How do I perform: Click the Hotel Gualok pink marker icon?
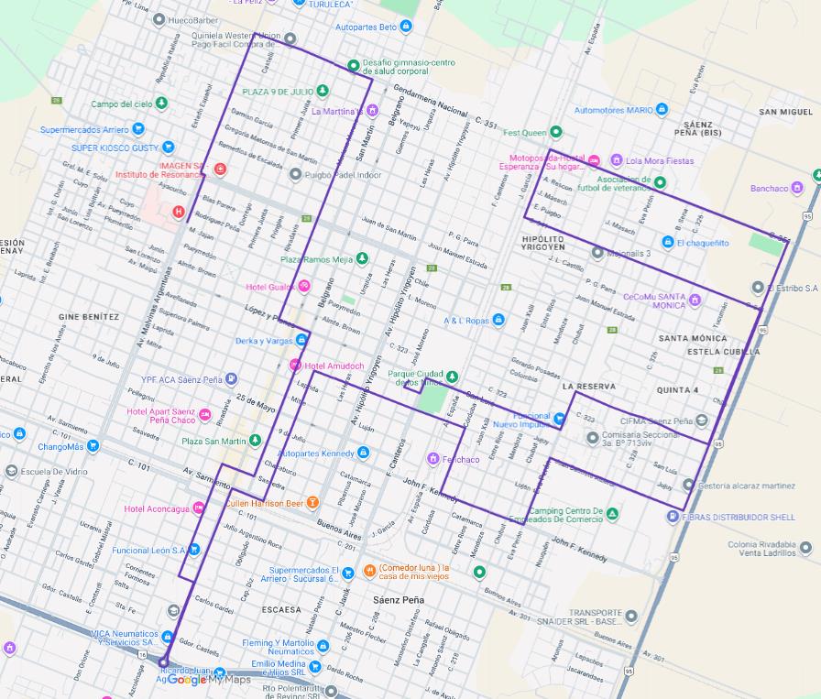point(304,287)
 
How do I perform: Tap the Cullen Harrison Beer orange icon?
point(312,502)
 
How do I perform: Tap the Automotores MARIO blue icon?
point(662,110)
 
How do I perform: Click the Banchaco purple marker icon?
point(798,188)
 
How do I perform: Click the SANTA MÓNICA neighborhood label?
point(692,338)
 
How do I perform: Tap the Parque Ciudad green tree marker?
point(451,375)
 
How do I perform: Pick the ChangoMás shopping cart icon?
point(93,446)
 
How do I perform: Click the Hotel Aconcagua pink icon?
point(199,508)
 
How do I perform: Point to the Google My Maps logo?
point(208,679)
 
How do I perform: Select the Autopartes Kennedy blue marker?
point(364,453)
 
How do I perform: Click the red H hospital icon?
point(180,212)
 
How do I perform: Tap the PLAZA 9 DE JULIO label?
point(278,92)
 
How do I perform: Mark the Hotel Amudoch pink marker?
point(295,366)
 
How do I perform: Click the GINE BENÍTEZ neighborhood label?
point(89,317)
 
